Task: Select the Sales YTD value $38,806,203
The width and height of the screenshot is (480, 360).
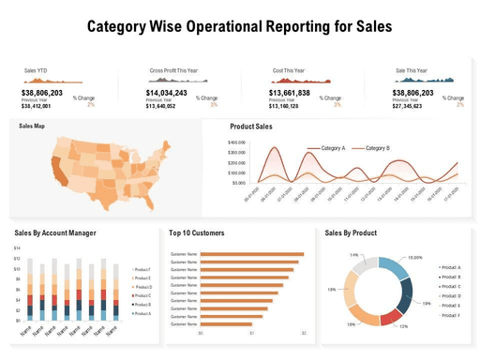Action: click(x=42, y=93)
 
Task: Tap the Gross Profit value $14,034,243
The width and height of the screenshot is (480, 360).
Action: click(x=167, y=93)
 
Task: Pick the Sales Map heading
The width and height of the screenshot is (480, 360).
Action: click(x=32, y=126)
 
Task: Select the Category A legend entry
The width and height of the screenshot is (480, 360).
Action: click(x=333, y=148)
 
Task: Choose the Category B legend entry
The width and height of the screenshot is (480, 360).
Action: click(x=377, y=148)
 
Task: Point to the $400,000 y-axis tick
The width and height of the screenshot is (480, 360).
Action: click(x=236, y=142)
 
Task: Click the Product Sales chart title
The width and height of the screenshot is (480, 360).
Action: click(x=251, y=127)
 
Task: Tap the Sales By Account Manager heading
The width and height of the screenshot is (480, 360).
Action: click(x=55, y=232)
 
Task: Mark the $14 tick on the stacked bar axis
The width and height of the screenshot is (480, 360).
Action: click(x=17, y=248)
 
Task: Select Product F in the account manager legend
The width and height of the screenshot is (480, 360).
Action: click(x=142, y=269)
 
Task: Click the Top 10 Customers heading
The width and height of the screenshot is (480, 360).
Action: click(x=196, y=232)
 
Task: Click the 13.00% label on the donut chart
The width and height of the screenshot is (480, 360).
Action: click(x=415, y=257)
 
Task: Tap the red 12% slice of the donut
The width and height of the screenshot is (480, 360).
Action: click(x=393, y=317)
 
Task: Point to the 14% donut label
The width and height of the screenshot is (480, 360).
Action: click(x=354, y=255)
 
